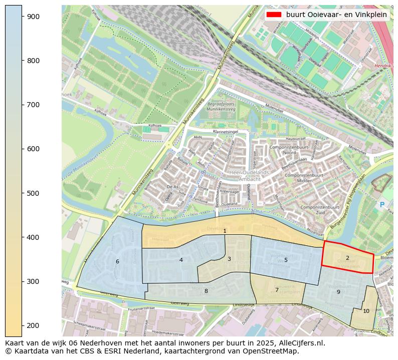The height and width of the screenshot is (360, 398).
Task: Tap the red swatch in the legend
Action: pos(274,15)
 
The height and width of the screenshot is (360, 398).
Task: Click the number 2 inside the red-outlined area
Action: pos(347,258)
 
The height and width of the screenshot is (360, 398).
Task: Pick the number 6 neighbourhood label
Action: pos(117,261)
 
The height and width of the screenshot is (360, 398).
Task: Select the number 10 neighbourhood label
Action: pos(366,311)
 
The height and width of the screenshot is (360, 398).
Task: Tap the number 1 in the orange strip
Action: pos(225,231)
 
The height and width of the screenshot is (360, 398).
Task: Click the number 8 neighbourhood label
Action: pos(206,291)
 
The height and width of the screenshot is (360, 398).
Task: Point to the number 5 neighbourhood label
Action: pos(286,260)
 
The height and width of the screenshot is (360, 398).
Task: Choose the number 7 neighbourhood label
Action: pos(277,290)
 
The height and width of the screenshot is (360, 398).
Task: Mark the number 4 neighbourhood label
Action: pos(181,260)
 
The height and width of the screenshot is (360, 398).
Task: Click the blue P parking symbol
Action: pos(382,205)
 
